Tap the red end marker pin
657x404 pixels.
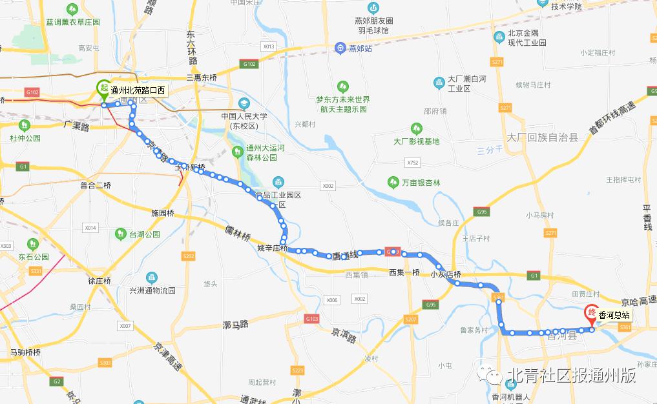pyautogui.click(x=590, y=314)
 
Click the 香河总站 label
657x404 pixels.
pyautogui.click(x=614, y=316)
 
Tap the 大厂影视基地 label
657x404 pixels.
pyautogui.click(x=416, y=141)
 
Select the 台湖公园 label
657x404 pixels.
pyautogui.click(x=144, y=234)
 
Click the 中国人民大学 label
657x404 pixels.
pyautogui.click(x=244, y=117)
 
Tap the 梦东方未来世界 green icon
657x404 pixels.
pyautogui.click(x=342, y=86)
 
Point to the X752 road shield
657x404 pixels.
pyautogui.click(x=413, y=162)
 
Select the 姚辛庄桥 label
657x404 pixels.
pyautogui.click(x=272, y=248)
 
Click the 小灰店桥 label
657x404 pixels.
pyautogui.click(x=446, y=274)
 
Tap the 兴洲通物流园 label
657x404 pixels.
pyautogui.click(x=152, y=291)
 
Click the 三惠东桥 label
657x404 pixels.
pyautogui.click(x=202, y=77)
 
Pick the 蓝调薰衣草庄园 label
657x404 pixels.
pyautogui.click(x=73, y=22)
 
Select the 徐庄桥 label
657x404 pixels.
pyautogui.click(x=100, y=281)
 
